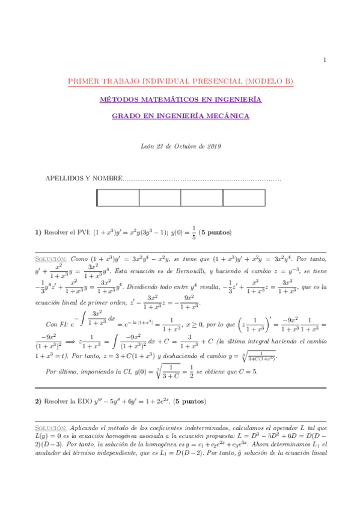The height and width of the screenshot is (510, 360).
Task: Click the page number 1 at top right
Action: coord(325,59)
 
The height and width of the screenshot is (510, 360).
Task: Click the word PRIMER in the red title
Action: coord(85,81)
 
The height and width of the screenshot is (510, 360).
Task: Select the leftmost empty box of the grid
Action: coord(118,198)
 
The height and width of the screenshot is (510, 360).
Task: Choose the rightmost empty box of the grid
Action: coord(243,198)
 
